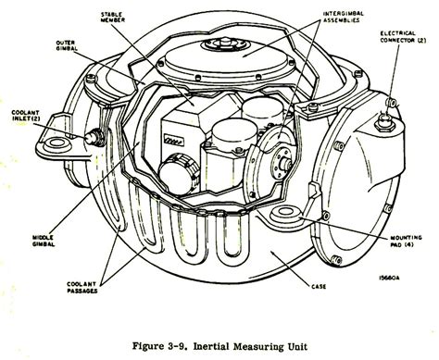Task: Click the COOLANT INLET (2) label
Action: click(23, 118)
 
